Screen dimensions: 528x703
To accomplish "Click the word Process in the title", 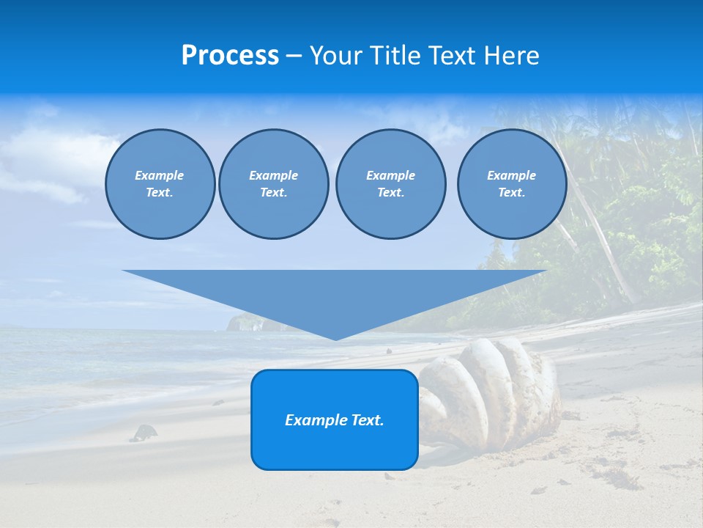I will (x=230, y=56).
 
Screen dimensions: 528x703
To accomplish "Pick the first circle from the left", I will (x=160, y=184).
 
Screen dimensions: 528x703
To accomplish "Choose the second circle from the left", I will (x=274, y=184).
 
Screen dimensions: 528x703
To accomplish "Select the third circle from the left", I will (x=390, y=184).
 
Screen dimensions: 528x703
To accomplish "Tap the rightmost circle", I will (x=512, y=184).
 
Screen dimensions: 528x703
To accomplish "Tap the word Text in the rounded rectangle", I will (x=368, y=420).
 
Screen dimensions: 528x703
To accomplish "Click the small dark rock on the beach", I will (x=144, y=433).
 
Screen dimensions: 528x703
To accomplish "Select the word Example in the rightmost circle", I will (x=511, y=175).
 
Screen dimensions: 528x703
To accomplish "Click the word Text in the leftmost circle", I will (x=159, y=193).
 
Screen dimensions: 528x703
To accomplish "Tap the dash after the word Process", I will (x=294, y=56).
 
